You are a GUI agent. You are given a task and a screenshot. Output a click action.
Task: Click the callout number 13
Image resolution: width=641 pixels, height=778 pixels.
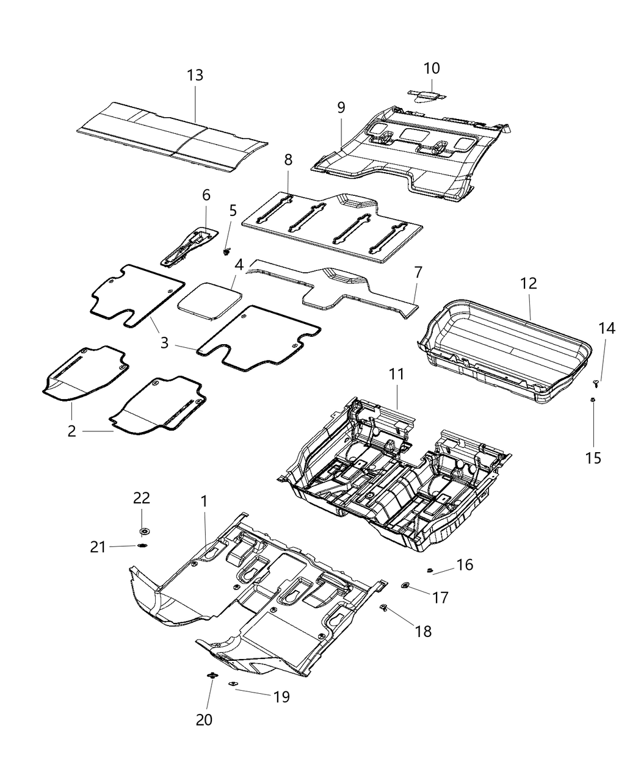[x=195, y=76]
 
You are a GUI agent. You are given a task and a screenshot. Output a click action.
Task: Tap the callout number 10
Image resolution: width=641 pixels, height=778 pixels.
[x=431, y=68]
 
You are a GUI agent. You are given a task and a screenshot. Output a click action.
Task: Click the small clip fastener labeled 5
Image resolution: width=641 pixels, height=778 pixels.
[x=228, y=251]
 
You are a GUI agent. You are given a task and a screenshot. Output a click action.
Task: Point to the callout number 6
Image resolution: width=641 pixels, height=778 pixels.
[x=206, y=195]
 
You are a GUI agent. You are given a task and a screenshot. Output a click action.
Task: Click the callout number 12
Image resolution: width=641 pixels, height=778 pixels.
[x=528, y=283]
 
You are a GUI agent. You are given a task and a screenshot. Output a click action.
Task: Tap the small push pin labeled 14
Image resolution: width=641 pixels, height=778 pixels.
[x=596, y=383]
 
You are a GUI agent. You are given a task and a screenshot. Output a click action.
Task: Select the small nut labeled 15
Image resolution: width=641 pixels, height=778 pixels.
[x=593, y=400]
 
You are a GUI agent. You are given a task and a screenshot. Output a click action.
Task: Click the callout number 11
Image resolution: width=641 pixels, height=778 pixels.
[x=397, y=375]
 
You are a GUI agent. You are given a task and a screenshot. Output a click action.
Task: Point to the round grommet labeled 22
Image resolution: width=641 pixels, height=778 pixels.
[x=145, y=530]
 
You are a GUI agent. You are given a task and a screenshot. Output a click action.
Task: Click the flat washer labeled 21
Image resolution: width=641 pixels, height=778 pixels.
[x=143, y=546]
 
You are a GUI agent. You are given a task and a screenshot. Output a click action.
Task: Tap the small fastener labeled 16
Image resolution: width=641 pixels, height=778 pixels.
[x=430, y=570]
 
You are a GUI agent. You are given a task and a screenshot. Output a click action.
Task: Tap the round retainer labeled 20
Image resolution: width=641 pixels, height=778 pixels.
[x=212, y=675]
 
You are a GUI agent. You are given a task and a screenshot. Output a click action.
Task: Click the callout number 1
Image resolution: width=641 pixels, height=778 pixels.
[x=204, y=502]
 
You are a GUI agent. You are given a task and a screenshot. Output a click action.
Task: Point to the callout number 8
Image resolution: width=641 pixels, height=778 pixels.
[x=288, y=160]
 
